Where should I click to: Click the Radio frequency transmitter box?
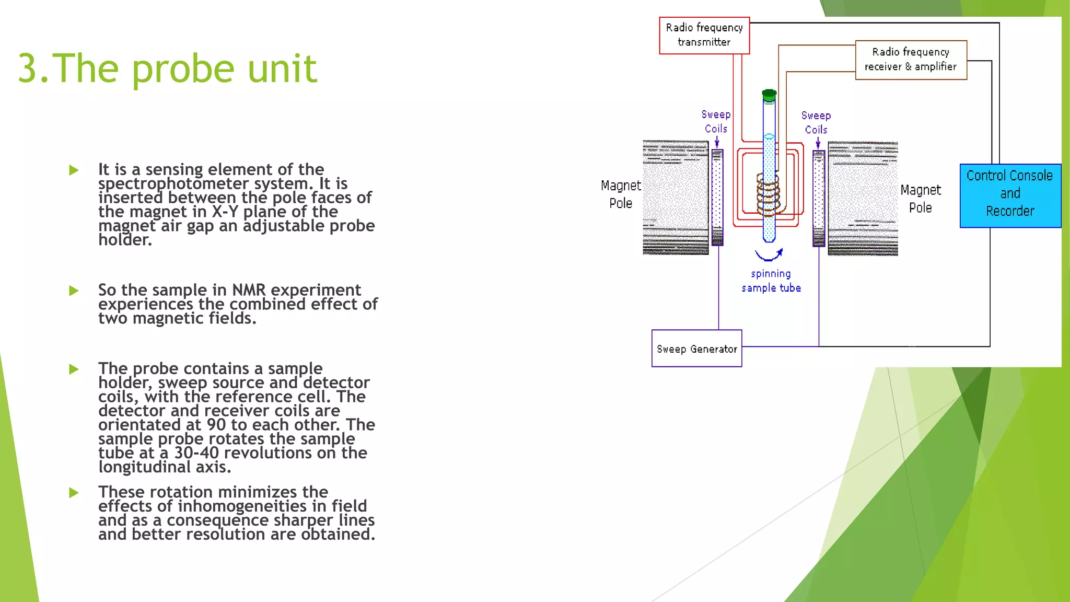click(x=704, y=35)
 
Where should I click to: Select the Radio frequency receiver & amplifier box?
click(x=911, y=60)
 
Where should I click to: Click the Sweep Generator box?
click(x=696, y=349)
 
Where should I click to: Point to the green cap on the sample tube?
click(x=769, y=95)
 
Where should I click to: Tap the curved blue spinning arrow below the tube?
click(x=769, y=255)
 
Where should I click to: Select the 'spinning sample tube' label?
click(x=771, y=281)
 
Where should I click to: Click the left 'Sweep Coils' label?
click(x=716, y=121)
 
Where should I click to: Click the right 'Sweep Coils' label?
click(x=816, y=122)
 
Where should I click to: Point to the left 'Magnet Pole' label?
click(x=621, y=194)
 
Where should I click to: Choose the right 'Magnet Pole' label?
click(x=920, y=199)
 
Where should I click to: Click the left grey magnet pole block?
click(x=676, y=198)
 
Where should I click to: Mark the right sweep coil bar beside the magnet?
click(x=819, y=198)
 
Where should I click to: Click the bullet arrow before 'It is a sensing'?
click(x=74, y=170)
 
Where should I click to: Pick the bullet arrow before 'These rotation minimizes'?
click(x=74, y=493)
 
